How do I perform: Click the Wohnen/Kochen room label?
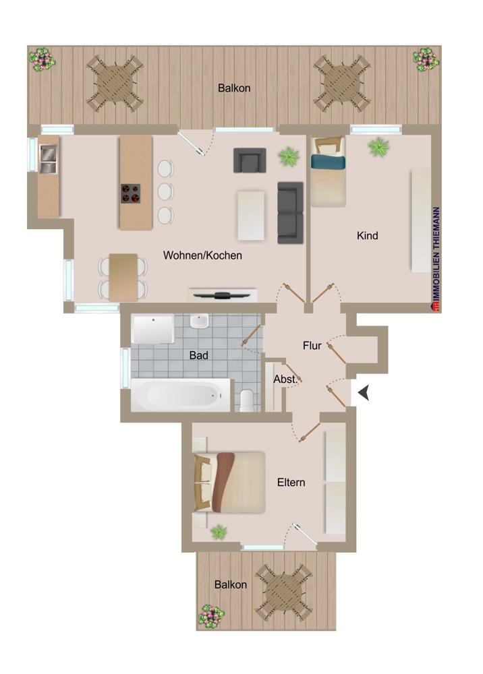coord(202,255)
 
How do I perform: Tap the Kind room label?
coord(367,235)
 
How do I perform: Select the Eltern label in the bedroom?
coord(291,483)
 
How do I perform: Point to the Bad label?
coord(198,355)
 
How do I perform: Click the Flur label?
coord(312,345)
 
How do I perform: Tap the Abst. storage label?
coord(285,379)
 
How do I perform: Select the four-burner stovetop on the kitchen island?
coord(130,193)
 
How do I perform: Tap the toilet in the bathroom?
coord(247,400)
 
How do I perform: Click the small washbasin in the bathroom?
coord(199,322)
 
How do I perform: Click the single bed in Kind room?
coord(328,171)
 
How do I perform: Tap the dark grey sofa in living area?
coord(291,212)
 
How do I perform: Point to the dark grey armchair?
coord(247,160)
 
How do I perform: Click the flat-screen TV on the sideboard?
coord(223,294)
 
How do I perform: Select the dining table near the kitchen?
coord(123,276)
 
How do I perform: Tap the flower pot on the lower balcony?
coord(212,615)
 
